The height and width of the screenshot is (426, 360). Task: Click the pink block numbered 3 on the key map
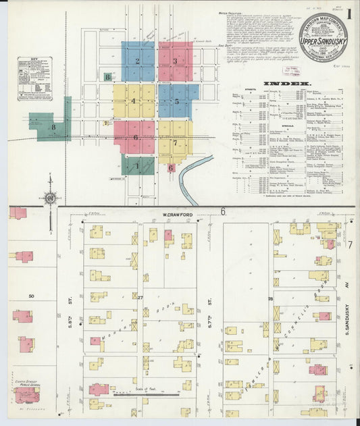(x=175, y=61)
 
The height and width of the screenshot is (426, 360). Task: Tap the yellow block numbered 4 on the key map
(x=134, y=101)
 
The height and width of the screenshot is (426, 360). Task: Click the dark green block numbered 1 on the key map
(x=138, y=165)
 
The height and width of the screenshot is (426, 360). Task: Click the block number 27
(x=140, y=297)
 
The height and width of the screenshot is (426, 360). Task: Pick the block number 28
(x=269, y=298)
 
